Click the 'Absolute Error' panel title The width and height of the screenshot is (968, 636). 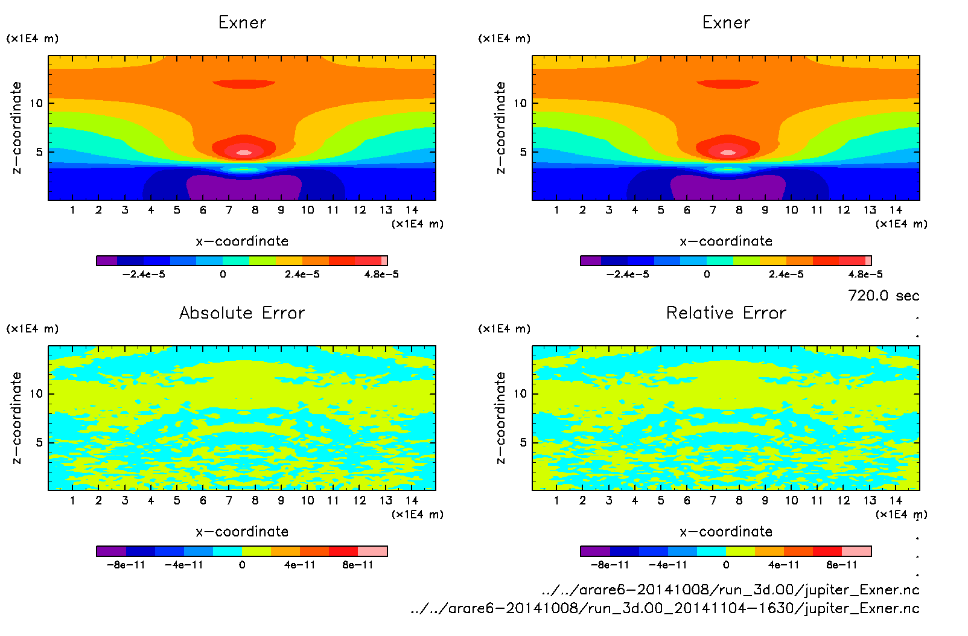242,313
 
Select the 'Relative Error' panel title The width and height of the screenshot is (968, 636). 726,313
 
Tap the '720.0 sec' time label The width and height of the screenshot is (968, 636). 884,296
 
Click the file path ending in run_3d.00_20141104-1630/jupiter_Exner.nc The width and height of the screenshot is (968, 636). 664,608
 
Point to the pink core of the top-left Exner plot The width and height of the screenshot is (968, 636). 244,153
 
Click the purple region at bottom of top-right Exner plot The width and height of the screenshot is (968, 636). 728,188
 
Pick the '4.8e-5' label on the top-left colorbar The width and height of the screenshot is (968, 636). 381,275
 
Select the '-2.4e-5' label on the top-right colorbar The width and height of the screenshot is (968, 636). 628,275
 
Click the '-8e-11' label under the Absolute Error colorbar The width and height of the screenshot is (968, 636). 126,565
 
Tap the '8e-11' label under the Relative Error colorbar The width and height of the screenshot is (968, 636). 842,565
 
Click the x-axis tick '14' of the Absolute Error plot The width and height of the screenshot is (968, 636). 412,500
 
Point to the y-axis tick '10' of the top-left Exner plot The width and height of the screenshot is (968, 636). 37,103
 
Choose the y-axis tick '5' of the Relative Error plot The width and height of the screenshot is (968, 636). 523,442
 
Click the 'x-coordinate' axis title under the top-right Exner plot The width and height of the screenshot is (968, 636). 726,241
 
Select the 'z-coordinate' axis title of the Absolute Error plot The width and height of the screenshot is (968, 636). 16,418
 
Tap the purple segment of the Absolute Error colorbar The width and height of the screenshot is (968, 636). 111,551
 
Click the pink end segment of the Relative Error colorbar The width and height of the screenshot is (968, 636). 856,551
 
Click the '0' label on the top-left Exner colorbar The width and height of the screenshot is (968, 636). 223,275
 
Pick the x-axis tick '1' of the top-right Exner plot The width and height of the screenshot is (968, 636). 556,210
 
